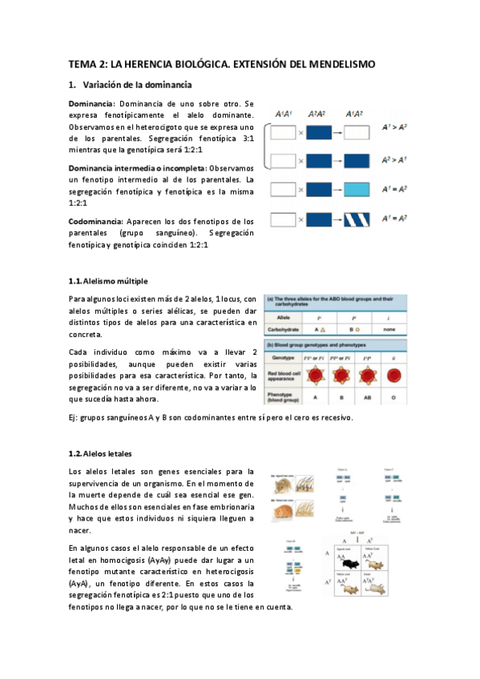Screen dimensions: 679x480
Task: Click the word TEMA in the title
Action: click(80, 64)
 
